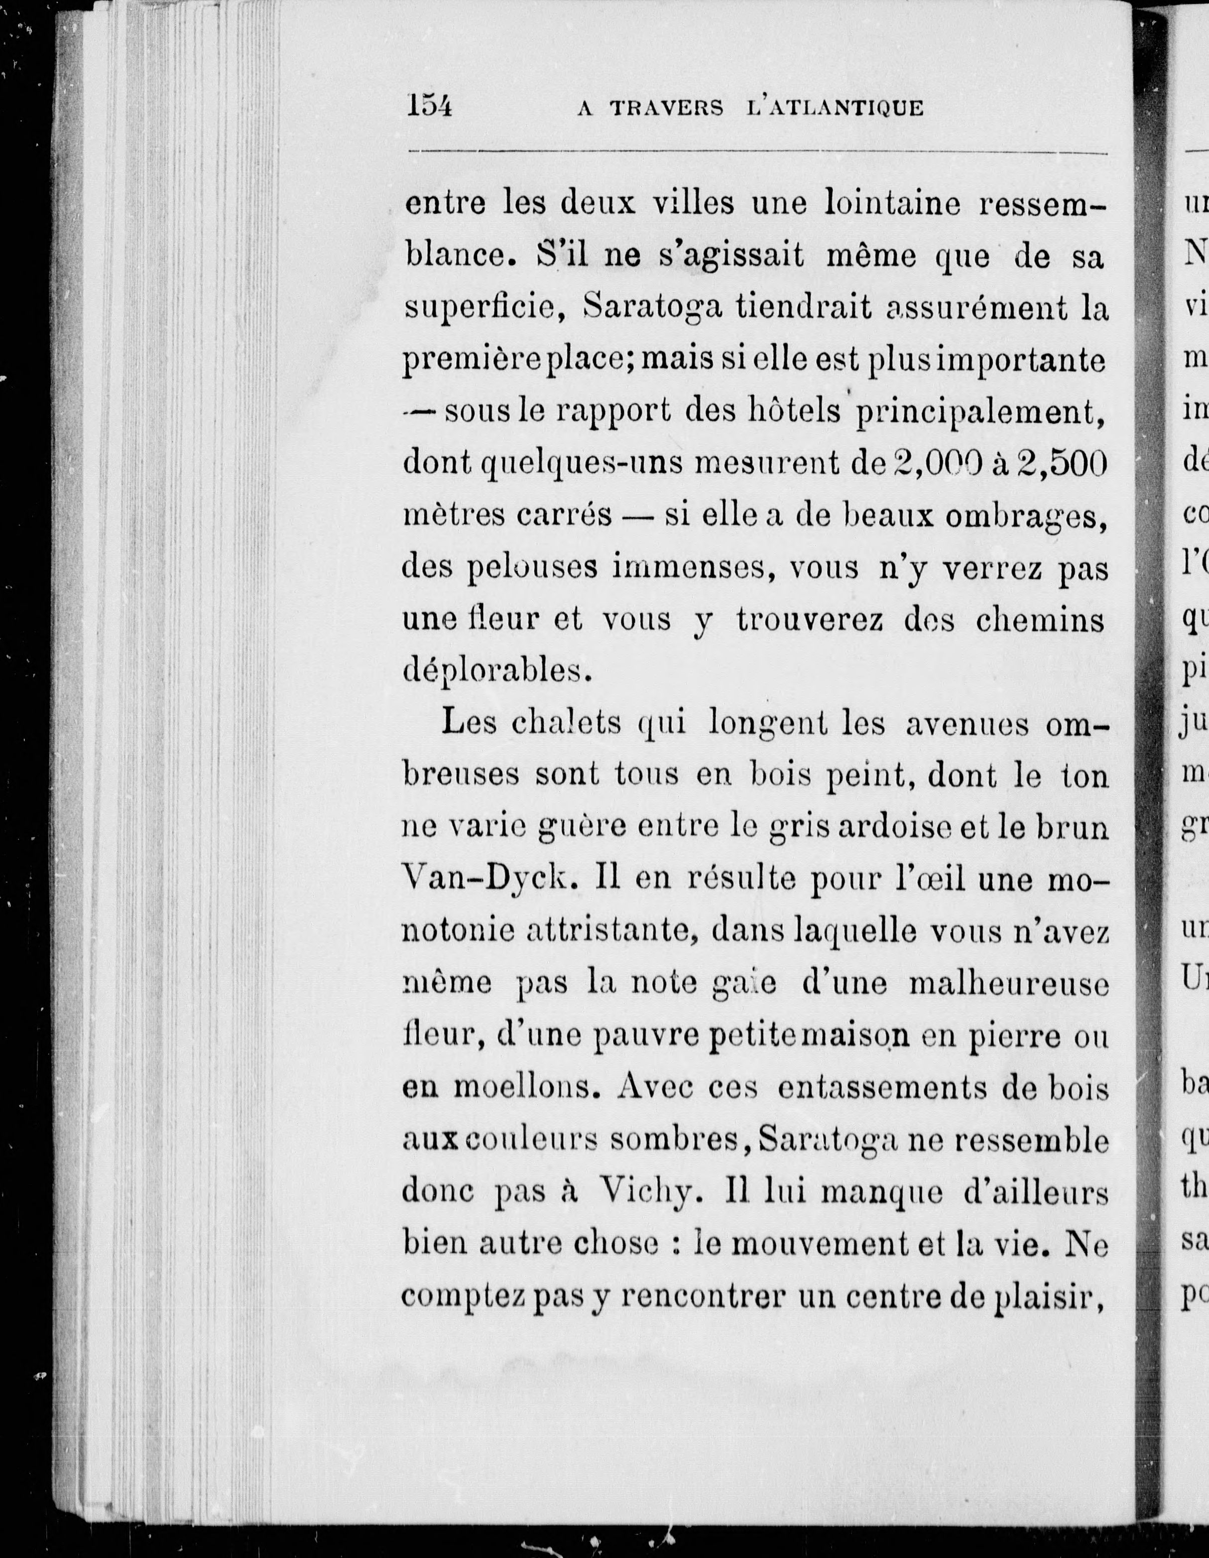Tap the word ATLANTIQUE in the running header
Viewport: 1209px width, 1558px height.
coord(833,109)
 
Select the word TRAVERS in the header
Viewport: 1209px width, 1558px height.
coord(666,109)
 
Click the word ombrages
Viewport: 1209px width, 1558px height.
coord(1026,517)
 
